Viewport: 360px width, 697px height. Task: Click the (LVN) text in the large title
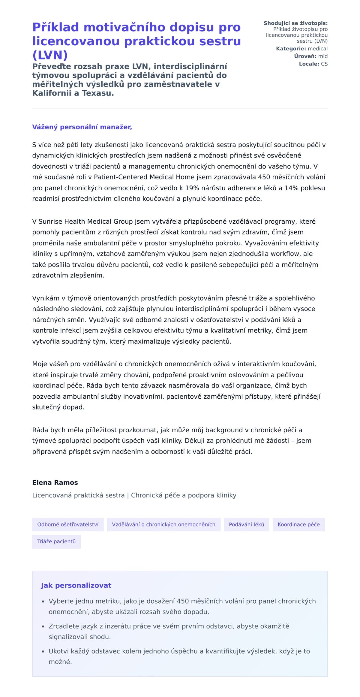(x=50, y=55)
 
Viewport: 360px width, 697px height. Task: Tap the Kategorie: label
(x=291, y=49)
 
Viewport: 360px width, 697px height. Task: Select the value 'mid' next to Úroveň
(x=323, y=56)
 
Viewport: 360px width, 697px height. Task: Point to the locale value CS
(x=324, y=64)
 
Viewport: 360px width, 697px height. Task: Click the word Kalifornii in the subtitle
(x=52, y=93)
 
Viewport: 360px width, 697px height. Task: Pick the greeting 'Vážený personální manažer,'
(x=82, y=127)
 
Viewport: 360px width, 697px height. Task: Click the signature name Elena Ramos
(x=55, y=482)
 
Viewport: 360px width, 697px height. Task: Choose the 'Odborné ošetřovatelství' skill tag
(x=68, y=524)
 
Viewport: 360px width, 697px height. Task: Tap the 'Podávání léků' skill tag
(x=246, y=524)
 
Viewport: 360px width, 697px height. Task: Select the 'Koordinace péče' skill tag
(x=298, y=524)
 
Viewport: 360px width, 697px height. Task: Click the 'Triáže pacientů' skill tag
(x=56, y=541)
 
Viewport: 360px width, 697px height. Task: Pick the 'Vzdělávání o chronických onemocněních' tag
(x=163, y=524)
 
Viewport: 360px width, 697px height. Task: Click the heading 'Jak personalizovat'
(x=76, y=585)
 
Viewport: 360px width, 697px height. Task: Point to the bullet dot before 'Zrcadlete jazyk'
(x=43, y=626)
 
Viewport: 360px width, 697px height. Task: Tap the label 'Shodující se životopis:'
(x=295, y=23)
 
